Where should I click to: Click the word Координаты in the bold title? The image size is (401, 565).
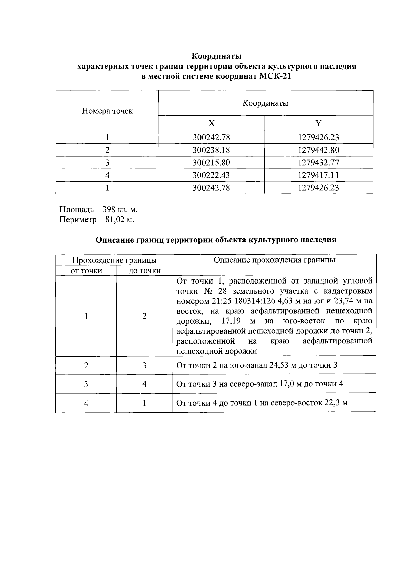click(x=217, y=55)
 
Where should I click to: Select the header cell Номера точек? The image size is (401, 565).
click(x=107, y=111)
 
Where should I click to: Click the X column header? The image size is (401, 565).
click(x=211, y=123)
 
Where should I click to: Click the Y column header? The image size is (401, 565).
click(x=318, y=123)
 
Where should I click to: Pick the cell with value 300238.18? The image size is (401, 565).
click(x=211, y=150)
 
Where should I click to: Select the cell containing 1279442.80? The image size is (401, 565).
click(x=318, y=150)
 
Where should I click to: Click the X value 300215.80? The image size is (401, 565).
click(x=211, y=163)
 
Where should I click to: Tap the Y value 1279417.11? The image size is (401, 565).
click(x=318, y=175)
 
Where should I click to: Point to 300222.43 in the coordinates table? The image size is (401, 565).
click(x=211, y=175)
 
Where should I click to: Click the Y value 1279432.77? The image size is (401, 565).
click(x=318, y=163)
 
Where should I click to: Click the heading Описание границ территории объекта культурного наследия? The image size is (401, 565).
click(x=216, y=240)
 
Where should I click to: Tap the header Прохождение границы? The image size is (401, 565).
click(x=114, y=260)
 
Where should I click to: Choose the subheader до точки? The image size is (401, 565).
click(x=144, y=271)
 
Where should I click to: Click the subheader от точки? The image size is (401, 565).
click(x=86, y=271)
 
